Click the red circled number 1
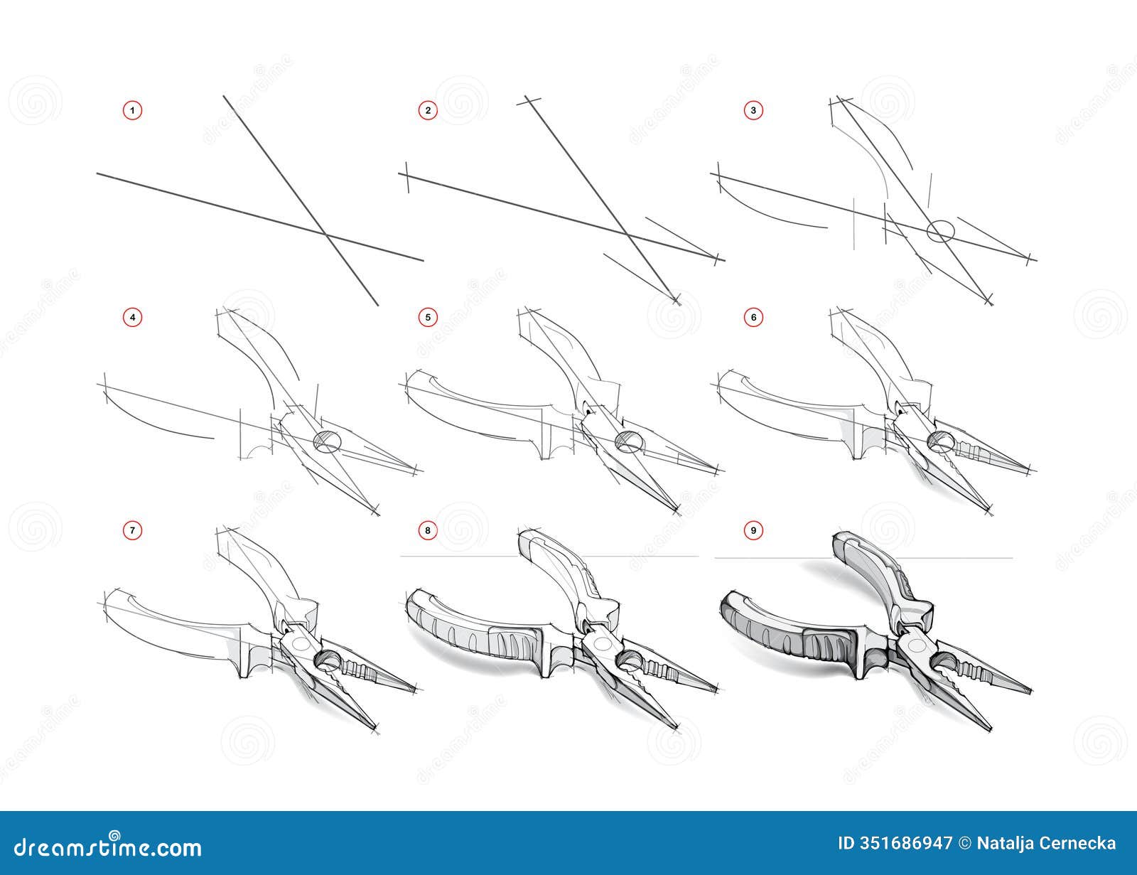(x=132, y=110)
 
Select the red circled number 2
(x=427, y=110)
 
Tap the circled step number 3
(x=754, y=110)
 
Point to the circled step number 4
(x=132, y=317)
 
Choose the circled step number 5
(x=427, y=317)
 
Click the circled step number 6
(x=754, y=317)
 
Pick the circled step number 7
(x=132, y=530)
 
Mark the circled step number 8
(x=427, y=530)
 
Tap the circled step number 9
(x=754, y=530)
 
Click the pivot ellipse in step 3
(x=940, y=231)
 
